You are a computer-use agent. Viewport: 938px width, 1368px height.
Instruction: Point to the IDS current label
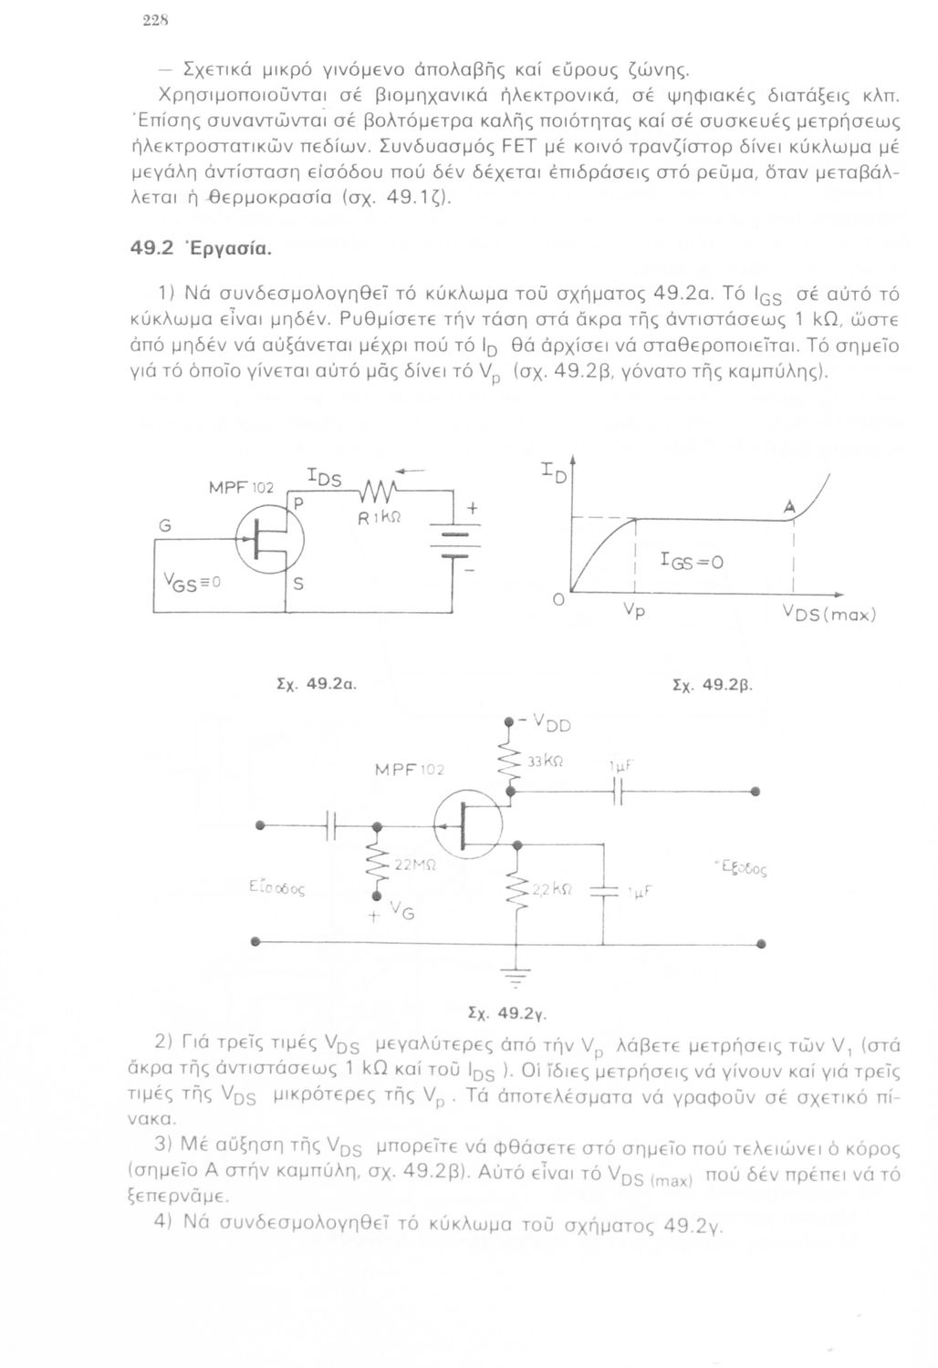[x=323, y=478]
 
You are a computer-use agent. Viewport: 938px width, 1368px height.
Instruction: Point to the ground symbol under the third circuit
[x=517, y=978]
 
